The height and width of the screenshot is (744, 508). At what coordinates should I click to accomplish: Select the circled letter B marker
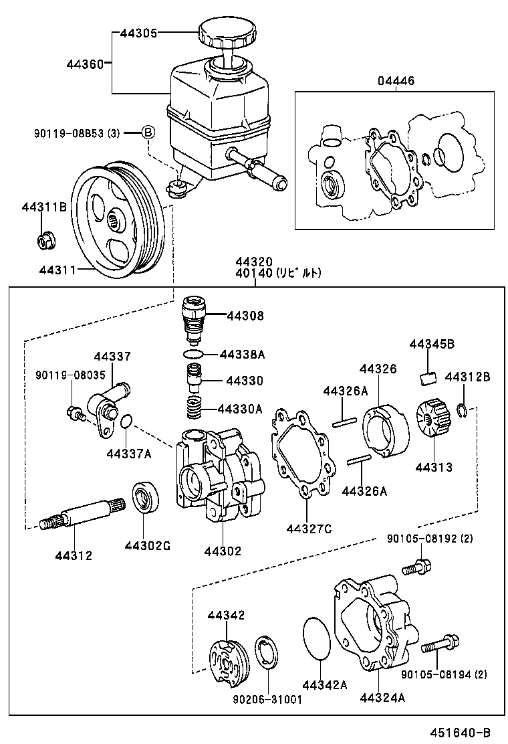click(148, 132)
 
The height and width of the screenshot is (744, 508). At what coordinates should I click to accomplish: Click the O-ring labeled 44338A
click(193, 353)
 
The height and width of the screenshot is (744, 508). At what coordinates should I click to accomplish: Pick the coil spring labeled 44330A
click(193, 407)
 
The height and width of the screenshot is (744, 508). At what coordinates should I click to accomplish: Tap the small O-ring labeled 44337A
click(128, 422)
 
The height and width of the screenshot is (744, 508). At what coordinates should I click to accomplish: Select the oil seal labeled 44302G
click(145, 498)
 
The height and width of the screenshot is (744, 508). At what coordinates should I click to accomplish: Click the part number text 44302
click(223, 551)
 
